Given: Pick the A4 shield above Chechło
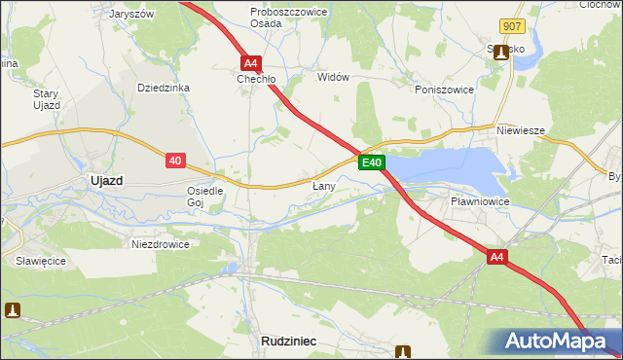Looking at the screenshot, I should [250, 60].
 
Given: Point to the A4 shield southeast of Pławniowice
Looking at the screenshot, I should [497, 257].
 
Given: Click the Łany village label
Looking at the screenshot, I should [324, 185].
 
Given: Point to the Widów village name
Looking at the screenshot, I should [333, 76].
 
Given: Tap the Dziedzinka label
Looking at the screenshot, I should [163, 88].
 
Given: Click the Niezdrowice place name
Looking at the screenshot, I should [160, 244].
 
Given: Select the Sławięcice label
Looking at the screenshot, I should [40, 261].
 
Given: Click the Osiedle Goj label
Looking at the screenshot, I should [205, 197].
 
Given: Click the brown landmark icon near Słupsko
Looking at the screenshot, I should [501, 53].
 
